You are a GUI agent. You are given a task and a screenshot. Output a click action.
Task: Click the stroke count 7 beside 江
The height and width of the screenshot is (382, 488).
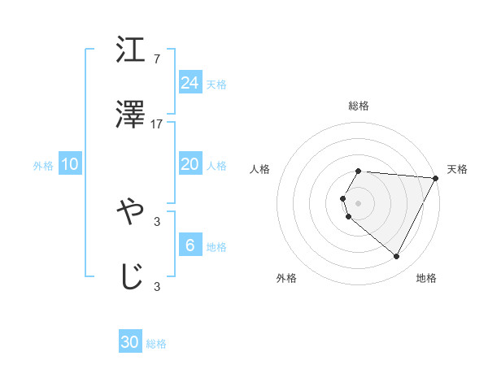coord(157,59)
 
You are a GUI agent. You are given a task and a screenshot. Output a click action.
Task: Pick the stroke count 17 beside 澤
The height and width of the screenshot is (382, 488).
coord(157,124)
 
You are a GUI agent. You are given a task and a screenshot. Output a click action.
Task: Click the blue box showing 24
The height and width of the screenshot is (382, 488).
coord(190,83)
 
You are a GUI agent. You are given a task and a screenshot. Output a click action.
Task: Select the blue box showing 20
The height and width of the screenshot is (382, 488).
coord(190,164)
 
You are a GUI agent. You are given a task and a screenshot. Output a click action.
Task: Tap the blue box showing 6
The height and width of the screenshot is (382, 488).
coord(190,245)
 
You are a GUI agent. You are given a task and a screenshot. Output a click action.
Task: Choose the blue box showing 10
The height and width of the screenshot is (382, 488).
coord(70,164)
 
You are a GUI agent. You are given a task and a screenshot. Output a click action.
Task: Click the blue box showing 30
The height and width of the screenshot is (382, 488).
coord(130,342)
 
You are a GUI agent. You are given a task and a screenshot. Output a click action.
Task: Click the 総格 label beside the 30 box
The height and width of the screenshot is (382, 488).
coord(156,344)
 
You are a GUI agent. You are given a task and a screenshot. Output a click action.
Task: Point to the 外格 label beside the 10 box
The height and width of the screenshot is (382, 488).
coord(43,166)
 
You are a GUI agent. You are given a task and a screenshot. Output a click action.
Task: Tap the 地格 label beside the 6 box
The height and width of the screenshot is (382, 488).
coord(216,247)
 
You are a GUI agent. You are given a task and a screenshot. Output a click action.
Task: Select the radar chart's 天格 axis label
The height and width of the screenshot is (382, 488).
coord(457,169)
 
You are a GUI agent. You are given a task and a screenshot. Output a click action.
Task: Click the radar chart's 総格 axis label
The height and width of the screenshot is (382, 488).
coord(359,106)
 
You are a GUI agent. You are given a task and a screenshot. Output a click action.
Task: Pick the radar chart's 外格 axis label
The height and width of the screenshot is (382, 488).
coord(286,278)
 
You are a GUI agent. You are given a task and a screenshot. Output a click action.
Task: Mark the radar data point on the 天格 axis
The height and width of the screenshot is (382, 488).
coord(436,177)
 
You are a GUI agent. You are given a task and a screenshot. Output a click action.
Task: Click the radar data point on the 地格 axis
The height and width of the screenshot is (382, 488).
coord(397,257)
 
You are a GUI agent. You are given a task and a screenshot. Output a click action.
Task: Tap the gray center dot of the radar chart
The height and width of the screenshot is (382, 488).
coord(359,202)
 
